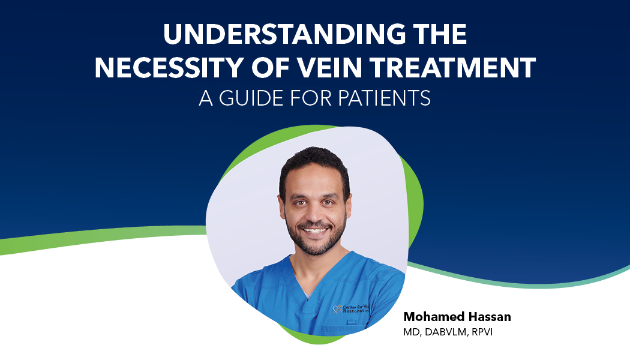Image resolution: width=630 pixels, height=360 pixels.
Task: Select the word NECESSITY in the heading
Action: [x=169, y=67]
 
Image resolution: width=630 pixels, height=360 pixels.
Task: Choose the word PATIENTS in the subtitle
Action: [x=384, y=98]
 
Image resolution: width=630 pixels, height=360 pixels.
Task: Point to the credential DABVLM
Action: [x=446, y=332]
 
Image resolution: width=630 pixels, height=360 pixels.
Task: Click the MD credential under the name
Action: [x=412, y=332]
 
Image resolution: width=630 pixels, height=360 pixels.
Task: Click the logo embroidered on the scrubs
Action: [x=351, y=309]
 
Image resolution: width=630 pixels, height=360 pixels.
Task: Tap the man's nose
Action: [x=314, y=214]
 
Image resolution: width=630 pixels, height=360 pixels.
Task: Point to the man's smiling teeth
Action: [x=315, y=230]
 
